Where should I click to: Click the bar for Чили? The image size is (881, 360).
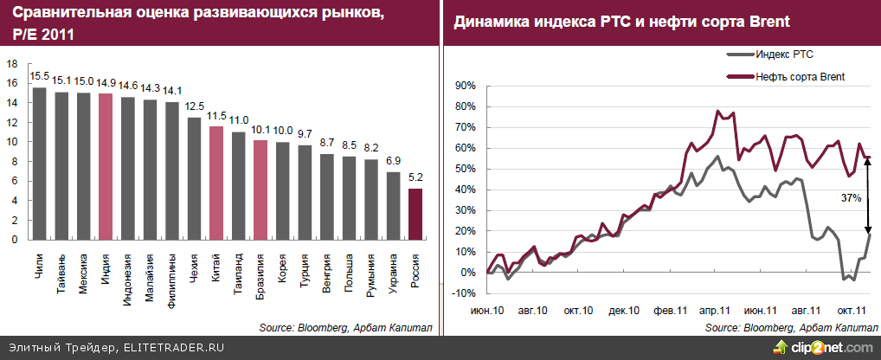pyautogui.click(x=39, y=164)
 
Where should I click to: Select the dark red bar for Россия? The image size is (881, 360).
pyautogui.click(x=416, y=214)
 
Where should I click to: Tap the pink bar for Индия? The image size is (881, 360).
pyautogui.click(x=106, y=166)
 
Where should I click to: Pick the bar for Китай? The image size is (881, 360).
pyautogui.click(x=216, y=183)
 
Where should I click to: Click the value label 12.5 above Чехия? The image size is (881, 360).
pyautogui.click(x=194, y=106)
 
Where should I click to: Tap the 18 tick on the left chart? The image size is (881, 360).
pyautogui.click(x=12, y=64)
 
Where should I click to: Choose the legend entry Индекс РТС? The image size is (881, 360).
pyautogui.click(x=783, y=54)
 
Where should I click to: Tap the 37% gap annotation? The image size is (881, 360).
pyautogui.click(x=852, y=198)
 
